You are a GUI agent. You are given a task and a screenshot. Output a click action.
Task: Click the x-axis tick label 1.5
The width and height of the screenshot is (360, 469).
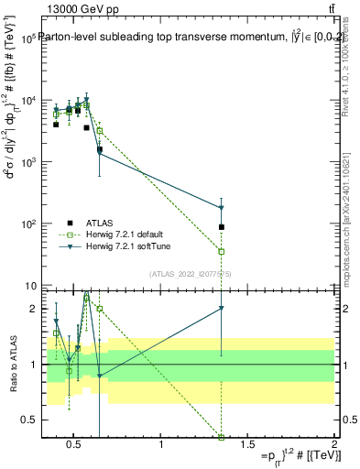point(247,445)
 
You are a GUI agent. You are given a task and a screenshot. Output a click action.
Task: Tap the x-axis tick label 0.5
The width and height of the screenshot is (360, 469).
point(74,445)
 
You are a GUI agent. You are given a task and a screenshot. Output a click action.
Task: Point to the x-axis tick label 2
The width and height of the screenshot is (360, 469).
point(334,445)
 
